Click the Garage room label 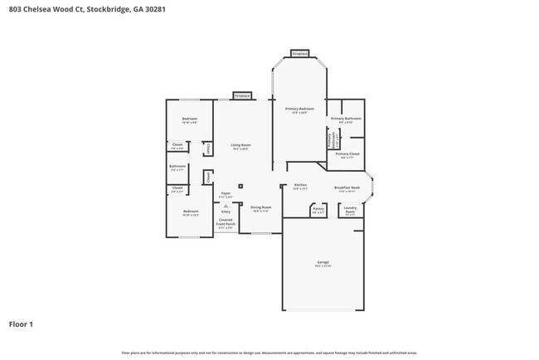pyautogui.click(x=323, y=263)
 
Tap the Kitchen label pyautogui.click(x=300, y=186)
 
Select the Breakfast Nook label pyautogui.click(x=347, y=188)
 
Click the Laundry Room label pyautogui.click(x=350, y=210)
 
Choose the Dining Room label pyautogui.click(x=261, y=208)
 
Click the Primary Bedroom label pyautogui.click(x=299, y=109)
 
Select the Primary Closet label pyautogui.click(x=347, y=154)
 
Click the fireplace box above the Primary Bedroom pyautogui.click(x=300, y=54)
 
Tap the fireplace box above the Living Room pyautogui.click(x=241, y=95)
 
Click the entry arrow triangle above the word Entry pyautogui.click(x=226, y=206)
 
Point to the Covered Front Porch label pyautogui.click(x=226, y=222)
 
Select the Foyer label pyautogui.click(x=226, y=194)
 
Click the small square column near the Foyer pyautogui.click(x=240, y=186)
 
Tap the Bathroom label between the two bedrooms pyautogui.click(x=177, y=167)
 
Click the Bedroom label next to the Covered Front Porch pyautogui.click(x=190, y=212)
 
